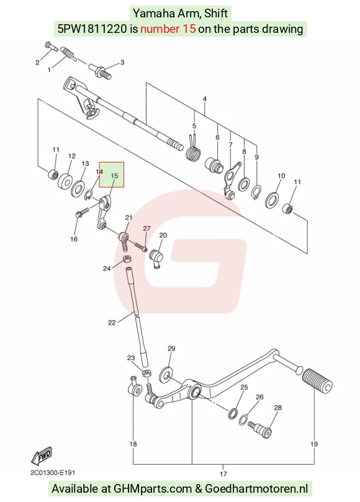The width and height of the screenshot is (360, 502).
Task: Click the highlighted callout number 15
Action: coord(114,176)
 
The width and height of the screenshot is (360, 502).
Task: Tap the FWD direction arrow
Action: coord(42,455)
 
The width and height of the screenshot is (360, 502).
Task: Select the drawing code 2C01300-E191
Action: coord(53,473)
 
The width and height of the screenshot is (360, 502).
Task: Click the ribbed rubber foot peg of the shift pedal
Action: coord(317,381)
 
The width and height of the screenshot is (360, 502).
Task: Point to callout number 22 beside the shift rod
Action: coord(112,323)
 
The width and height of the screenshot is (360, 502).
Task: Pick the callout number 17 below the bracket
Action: coord(223,474)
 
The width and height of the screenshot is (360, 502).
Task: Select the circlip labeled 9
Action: coord(256,192)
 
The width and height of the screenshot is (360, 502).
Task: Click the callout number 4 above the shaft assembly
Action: coord(205,99)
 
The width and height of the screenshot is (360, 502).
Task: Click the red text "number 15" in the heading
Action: coord(168,29)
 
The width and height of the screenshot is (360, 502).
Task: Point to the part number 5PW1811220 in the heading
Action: coord(92,29)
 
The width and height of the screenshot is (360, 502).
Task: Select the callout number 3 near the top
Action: coord(122,63)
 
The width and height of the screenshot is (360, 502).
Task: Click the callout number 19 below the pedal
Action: coord(314,444)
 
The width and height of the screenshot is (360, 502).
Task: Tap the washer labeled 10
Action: coord(272,199)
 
